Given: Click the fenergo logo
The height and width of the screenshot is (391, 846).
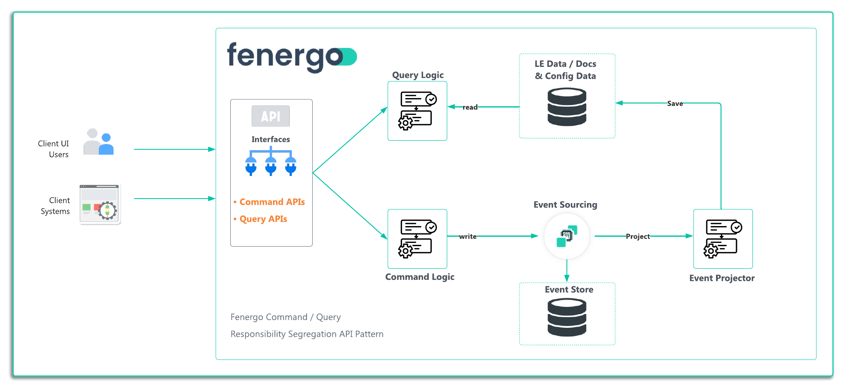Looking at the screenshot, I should click(291, 57).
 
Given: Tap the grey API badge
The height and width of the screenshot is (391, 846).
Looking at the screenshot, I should click(271, 116).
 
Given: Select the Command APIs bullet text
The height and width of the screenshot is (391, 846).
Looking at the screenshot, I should click(272, 202).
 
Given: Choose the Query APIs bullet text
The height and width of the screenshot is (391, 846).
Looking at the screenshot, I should click(263, 219).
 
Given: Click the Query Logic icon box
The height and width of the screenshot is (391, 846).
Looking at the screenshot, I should click(417, 111).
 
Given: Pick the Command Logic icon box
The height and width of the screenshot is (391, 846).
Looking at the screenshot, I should click(417, 239).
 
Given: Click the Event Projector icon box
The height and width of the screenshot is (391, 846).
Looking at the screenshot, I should click(723, 239).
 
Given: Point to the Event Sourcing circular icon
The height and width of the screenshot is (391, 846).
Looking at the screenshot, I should click(566, 236).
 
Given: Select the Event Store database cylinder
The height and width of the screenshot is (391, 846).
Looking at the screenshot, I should click(567, 318).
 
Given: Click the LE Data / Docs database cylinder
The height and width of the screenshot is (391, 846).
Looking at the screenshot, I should click(567, 107).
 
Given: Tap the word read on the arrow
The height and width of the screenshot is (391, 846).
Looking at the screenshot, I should click(470, 107).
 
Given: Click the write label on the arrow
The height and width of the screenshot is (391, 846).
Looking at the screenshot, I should click(468, 236).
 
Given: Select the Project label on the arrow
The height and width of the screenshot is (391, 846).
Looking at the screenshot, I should click(637, 236).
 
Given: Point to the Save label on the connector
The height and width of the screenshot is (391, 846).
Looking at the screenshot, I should click(675, 104).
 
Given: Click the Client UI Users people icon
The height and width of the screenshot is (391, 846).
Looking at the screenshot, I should click(98, 142).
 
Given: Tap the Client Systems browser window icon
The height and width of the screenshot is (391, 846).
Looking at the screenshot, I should click(100, 205).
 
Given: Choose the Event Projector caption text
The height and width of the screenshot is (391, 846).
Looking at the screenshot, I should click(722, 278).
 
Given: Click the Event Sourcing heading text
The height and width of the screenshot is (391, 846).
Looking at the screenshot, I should click(565, 205).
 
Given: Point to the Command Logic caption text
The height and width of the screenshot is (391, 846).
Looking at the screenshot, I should click(420, 277).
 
